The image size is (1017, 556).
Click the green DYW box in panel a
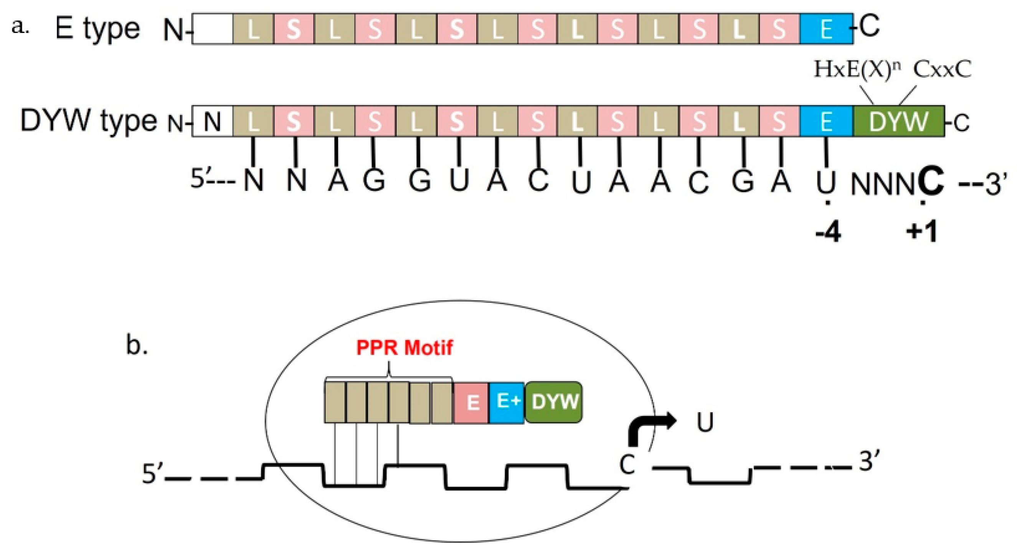pyautogui.click(x=899, y=121)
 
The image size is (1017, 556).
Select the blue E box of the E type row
pyautogui.click(x=826, y=28)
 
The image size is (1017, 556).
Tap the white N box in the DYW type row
pyautogui.click(x=212, y=121)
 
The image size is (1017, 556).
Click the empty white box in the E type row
pyautogui.click(x=212, y=28)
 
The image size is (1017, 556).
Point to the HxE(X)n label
pyautogui.click(x=857, y=70)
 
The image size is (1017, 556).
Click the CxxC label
pyautogui.click(x=942, y=70)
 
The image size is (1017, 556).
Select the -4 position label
pyautogui.click(x=828, y=233)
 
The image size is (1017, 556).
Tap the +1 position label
pyautogui.click(x=922, y=233)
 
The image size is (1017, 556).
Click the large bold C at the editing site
pyautogui.click(x=931, y=181)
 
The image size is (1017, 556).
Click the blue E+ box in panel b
pyautogui.click(x=507, y=402)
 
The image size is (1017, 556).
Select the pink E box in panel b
pyautogui.click(x=472, y=403)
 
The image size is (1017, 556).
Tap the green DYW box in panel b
pyautogui.click(x=554, y=402)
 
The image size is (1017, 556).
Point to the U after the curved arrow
pyautogui.click(x=705, y=423)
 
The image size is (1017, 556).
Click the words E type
pyautogui.click(x=97, y=28)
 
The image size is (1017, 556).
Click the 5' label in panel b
pyautogui.click(x=152, y=474)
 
